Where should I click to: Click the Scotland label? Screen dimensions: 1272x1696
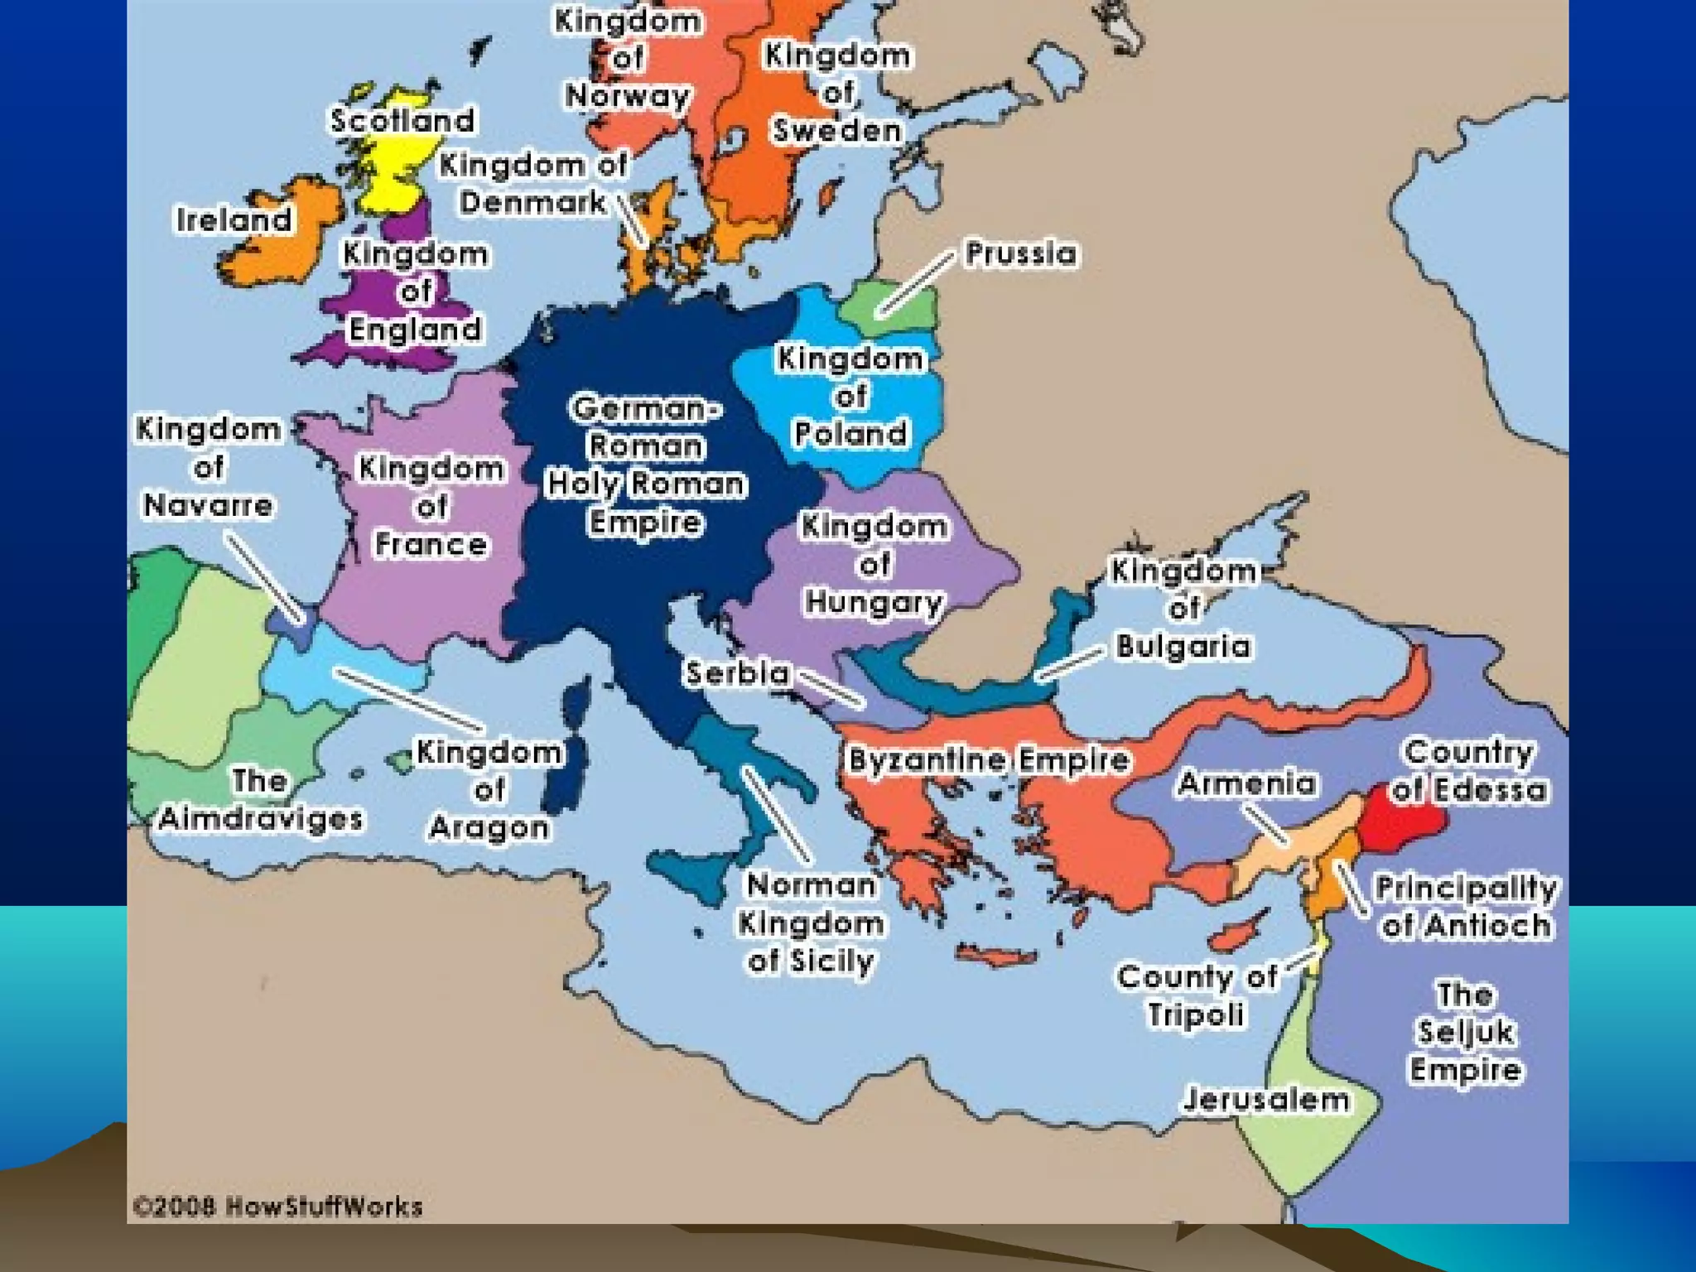coord(402,121)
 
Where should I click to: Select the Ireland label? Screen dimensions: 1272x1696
coord(234,220)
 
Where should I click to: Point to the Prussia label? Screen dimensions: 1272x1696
coord(1021,253)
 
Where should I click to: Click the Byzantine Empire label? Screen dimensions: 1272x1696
coord(989,760)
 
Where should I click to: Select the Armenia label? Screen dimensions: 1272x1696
coord(1246,783)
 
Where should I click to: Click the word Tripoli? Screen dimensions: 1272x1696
coord(1195,1015)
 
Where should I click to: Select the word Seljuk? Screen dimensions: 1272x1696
coord(1465,1032)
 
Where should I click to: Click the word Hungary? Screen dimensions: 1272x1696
coord(874,602)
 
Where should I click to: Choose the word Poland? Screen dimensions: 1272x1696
coord(850,434)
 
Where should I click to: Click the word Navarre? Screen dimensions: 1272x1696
coord(208,505)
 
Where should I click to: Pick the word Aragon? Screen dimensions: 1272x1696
coord(489,827)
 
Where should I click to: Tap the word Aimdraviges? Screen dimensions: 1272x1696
coord(261,819)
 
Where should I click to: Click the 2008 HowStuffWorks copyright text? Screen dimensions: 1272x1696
coord(278,1207)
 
